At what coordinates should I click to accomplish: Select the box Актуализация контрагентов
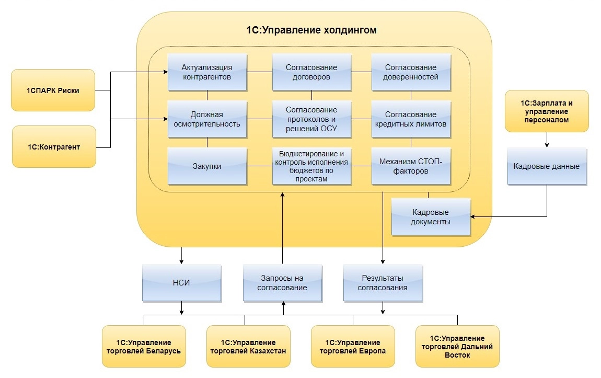(207, 72)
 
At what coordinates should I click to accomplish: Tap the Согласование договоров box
(311, 72)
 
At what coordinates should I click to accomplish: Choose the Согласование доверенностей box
(411, 72)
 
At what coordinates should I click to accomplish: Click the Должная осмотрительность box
(207, 119)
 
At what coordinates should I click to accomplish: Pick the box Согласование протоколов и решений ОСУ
(311, 119)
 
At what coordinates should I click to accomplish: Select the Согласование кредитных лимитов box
(411, 119)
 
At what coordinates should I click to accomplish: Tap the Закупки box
(207, 166)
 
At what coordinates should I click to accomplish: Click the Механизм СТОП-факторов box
(411, 166)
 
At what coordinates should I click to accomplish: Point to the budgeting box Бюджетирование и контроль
(311, 166)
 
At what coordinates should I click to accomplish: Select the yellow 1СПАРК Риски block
(53, 90)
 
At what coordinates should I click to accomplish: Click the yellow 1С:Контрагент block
(54, 147)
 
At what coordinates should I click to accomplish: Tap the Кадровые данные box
(547, 167)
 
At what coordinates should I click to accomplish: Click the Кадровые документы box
(431, 217)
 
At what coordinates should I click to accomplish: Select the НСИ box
(182, 283)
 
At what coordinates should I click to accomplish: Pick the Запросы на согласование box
(282, 283)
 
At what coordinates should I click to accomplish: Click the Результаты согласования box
(383, 283)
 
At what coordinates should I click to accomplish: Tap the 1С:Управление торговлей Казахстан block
(248, 346)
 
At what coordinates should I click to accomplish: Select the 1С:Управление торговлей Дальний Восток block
(457, 346)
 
